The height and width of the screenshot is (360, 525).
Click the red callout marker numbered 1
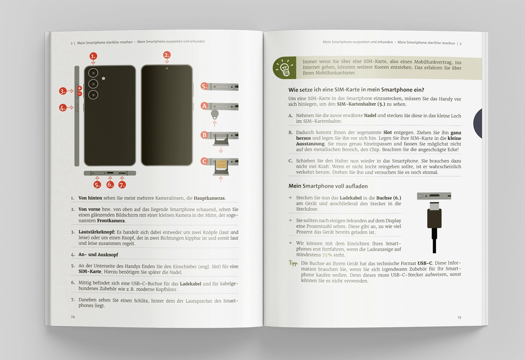(x=93, y=56)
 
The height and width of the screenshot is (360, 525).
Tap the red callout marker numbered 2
(x=166, y=55)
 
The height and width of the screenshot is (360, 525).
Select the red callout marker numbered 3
(x=63, y=91)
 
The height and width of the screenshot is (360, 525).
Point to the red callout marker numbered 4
(x=63, y=108)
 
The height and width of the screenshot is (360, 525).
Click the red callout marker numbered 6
(x=110, y=184)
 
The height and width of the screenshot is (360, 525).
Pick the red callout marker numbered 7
(x=122, y=184)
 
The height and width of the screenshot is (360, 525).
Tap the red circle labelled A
(x=204, y=106)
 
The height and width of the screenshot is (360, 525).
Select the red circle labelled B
(x=204, y=135)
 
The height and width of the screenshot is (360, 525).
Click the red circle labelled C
(x=204, y=161)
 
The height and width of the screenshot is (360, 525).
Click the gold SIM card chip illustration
(x=221, y=164)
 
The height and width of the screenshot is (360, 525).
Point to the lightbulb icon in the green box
(x=284, y=68)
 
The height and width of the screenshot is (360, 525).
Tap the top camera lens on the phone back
(x=93, y=73)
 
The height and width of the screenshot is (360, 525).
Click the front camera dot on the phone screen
(x=167, y=68)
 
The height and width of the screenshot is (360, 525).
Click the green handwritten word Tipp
(x=293, y=263)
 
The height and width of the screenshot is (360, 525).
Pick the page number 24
(x=73, y=316)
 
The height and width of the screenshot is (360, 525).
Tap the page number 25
(x=459, y=317)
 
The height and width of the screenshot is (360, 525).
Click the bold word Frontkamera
(x=111, y=221)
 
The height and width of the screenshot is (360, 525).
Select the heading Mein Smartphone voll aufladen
(x=328, y=186)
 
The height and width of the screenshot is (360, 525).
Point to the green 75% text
(x=327, y=255)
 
